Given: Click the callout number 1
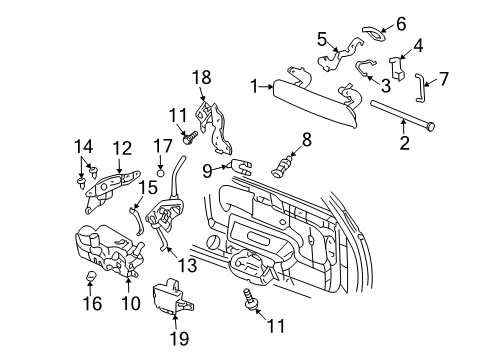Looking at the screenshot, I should (x=255, y=86).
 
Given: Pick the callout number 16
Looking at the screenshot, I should (x=91, y=302).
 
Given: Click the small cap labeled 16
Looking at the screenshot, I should (x=91, y=273).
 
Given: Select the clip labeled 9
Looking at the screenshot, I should (x=240, y=165).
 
